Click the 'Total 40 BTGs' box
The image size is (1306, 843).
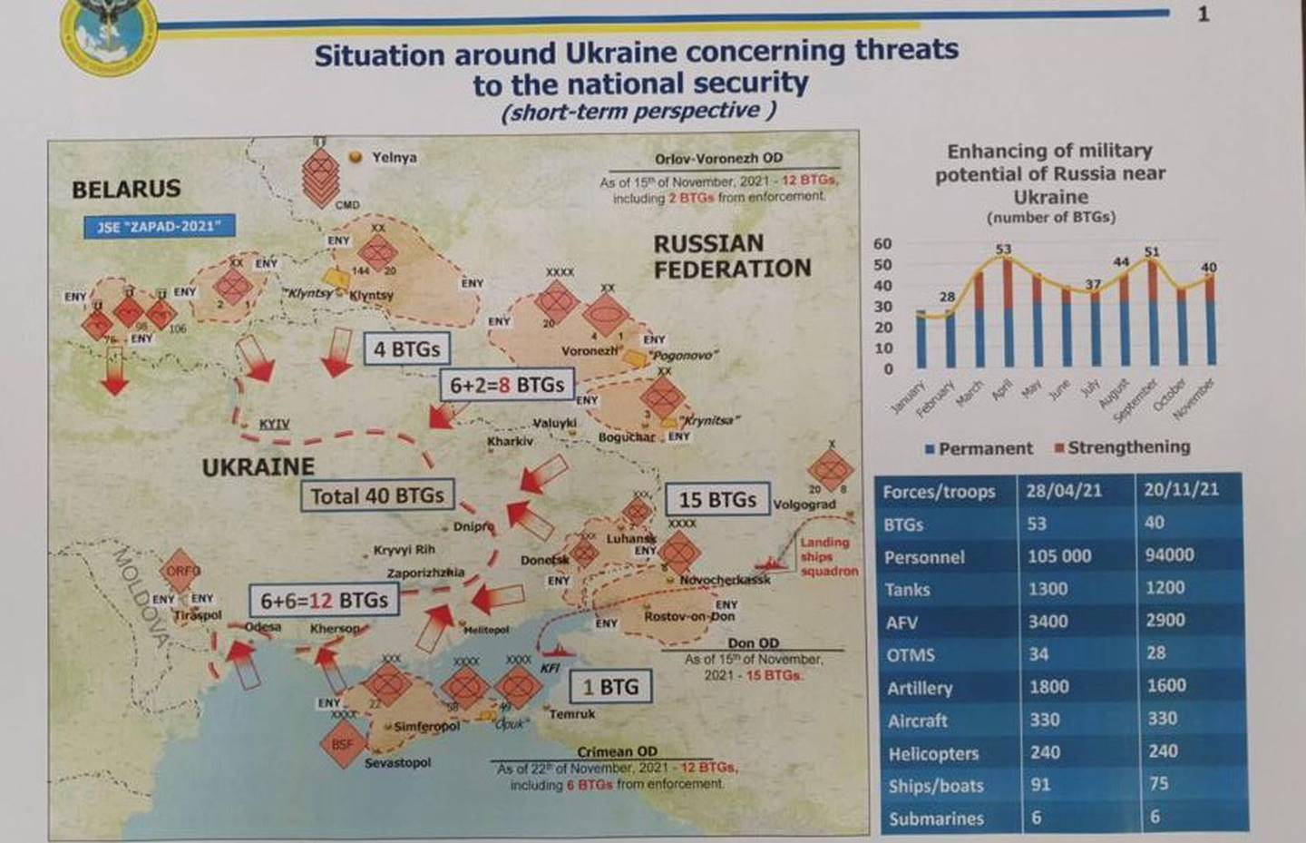tap(377, 495)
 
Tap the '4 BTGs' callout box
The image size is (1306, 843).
tap(406, 349)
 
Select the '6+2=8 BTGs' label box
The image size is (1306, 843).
tap(507, 385)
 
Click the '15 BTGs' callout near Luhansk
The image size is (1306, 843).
tap(716, 500)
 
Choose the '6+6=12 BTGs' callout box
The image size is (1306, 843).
tap(324, 601)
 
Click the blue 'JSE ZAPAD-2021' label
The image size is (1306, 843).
tap(160, 226)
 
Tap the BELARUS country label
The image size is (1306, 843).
tap(126, 190)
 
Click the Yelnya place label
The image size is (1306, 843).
tap(394, 157)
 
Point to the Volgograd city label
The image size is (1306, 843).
tap(804, 505)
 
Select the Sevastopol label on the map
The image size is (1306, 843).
tap(397, 762)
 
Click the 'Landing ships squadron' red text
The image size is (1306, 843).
tap(828, 556)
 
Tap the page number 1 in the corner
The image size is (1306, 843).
tap(1204, 14)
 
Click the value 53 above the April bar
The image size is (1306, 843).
tap(1003, 249)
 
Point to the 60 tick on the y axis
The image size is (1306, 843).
tap(882, 244)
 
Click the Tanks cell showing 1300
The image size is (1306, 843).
tap(1048, 589)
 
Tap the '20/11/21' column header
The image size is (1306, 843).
tap(1181, 489)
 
